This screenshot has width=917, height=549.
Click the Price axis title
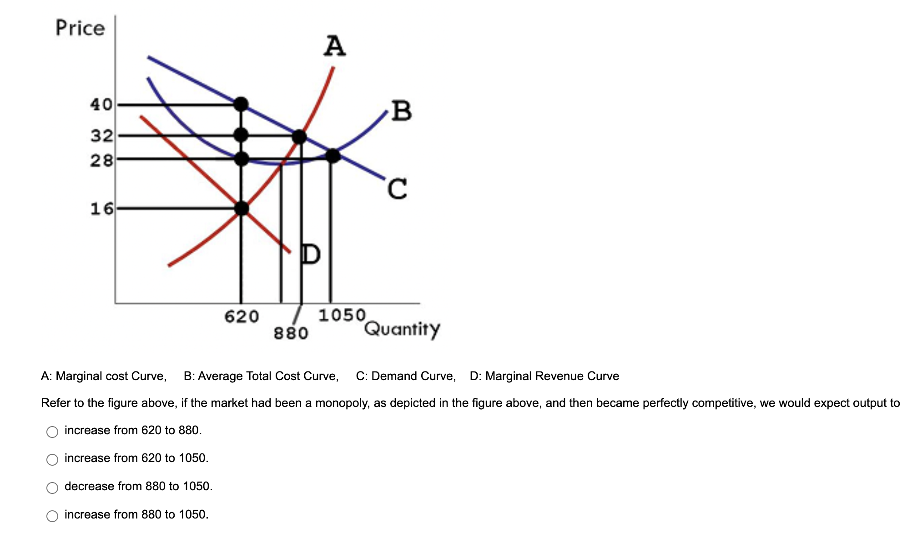(80, 28)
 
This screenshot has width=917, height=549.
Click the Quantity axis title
(402, 328)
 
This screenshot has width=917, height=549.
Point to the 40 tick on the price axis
(101, 104)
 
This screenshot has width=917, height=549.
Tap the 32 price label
(101, 135)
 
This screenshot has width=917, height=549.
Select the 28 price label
(101, 160)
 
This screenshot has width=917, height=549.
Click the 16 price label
(101, 208)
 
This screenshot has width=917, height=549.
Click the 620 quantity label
(242, 316)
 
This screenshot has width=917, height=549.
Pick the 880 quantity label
(291, 333)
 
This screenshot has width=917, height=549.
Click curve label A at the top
(334, 46)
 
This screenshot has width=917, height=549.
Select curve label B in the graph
(402, 111)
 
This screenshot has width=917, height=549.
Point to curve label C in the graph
(398, 189)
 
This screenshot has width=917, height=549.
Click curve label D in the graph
(311, 254)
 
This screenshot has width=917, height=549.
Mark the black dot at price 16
(242, 208)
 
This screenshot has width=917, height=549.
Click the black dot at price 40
(241, 104)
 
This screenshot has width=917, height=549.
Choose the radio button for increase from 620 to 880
(52, 432)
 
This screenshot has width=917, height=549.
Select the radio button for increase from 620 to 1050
(52, 459)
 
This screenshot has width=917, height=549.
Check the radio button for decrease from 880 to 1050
(52, 488)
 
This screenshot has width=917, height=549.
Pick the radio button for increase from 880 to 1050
(52, 516)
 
